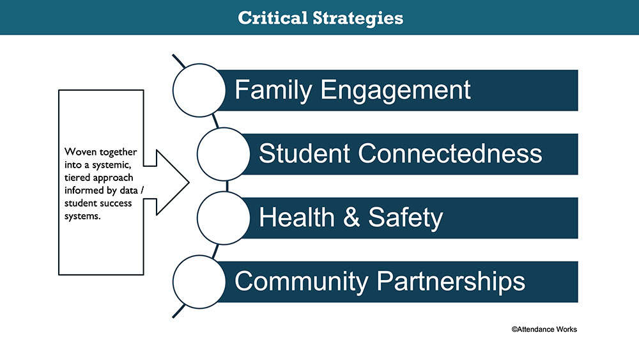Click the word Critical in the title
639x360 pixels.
273,18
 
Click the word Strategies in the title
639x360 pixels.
358,19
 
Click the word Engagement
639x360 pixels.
396,91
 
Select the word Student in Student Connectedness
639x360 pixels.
304,153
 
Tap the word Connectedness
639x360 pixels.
450,153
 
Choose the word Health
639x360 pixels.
296,217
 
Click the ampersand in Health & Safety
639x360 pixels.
351,217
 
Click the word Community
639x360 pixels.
301,281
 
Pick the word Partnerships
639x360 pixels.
450,281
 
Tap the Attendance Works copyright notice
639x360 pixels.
544,329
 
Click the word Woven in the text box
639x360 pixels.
81,152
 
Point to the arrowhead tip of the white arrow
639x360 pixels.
189,182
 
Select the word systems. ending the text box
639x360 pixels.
82,217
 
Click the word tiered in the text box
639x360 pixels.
77,178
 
